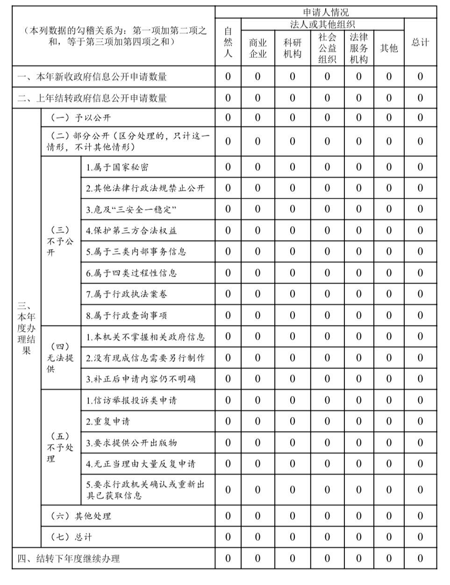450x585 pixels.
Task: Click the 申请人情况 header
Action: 326,12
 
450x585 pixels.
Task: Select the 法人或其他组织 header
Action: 322,24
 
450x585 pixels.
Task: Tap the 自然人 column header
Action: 228,42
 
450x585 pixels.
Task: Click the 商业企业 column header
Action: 257,48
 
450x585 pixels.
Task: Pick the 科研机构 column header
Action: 293,48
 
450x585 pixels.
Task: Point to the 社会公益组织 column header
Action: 327,48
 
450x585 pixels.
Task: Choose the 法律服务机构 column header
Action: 358,48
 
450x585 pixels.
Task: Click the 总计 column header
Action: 420,42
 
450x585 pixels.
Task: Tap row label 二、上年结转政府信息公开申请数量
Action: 92,98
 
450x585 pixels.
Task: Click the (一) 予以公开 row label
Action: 80,118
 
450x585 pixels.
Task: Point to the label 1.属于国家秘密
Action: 117,167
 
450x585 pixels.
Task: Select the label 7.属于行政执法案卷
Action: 126,294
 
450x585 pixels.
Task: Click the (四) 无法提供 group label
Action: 60,358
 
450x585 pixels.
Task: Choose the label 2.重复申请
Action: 108,422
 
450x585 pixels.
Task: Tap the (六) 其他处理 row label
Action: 80,516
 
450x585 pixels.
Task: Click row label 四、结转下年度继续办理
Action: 69,559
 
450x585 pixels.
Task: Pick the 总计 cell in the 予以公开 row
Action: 420,118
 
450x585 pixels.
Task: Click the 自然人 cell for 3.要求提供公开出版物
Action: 228,443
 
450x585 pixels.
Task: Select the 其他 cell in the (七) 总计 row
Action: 389,537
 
